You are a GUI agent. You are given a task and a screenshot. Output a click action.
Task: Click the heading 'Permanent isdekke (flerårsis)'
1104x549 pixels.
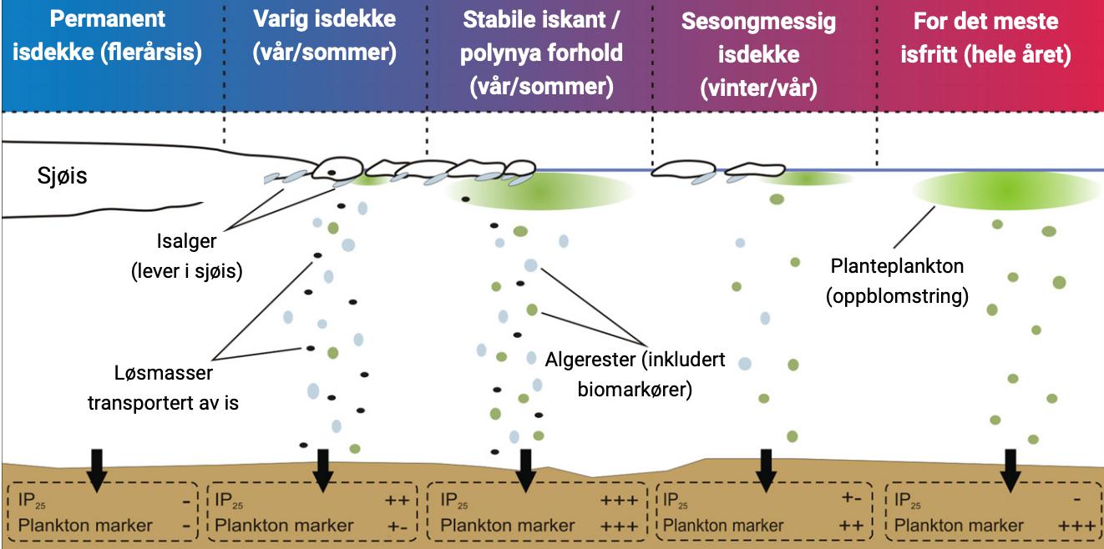108,36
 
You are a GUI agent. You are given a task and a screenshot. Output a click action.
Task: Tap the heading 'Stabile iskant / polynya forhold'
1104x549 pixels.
541,53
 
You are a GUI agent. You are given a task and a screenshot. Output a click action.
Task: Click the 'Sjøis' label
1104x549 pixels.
62,176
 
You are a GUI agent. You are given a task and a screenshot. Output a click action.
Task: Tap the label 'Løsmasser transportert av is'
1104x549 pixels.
164,387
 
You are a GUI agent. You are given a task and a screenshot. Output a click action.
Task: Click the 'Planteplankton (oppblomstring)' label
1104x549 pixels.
897,281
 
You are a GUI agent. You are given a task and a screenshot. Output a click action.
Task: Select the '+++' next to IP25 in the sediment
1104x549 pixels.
619,501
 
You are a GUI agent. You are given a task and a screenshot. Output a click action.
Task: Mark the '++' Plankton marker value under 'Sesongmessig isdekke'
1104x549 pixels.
851,526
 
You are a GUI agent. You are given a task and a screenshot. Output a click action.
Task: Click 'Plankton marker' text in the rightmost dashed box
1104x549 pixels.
958,526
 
